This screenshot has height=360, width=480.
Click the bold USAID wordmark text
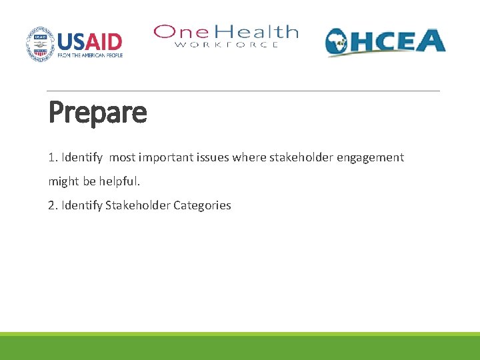[90, 41]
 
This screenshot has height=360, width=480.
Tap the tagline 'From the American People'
[90, 55]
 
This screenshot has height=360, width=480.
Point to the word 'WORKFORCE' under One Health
[227, 45]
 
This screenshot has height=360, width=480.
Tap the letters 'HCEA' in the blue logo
[400, 41]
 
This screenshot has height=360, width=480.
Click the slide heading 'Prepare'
[97, 112]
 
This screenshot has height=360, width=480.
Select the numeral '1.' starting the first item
[53, 158]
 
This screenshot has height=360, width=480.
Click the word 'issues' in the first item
[212, 158]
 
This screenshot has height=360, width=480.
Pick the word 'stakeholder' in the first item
[293, 158]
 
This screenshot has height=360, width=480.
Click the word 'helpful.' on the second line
[120, 181]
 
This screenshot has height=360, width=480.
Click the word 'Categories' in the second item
[202, 205]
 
